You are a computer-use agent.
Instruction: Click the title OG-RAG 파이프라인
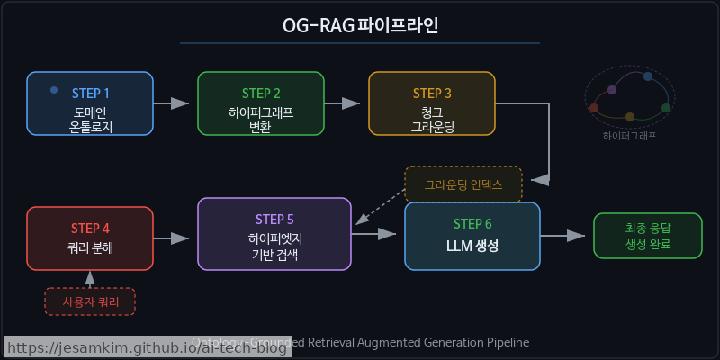360,24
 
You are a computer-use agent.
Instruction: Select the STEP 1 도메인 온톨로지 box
90,103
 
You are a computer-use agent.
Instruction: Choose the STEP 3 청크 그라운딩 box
432,103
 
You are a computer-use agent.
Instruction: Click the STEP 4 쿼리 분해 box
90,238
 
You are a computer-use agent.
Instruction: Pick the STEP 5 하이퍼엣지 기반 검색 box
274,234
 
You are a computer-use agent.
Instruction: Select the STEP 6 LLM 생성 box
472,237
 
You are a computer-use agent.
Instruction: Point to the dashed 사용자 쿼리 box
90,301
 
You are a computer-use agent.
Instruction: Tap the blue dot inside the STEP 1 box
54,90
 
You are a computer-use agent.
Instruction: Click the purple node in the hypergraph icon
612,90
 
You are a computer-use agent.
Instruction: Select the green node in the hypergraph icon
666,108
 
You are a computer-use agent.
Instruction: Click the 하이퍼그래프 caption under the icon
630,137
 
